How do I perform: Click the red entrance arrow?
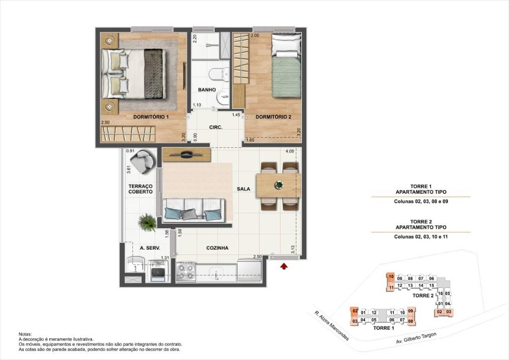(284, 266)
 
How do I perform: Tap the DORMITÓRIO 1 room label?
(151, 117)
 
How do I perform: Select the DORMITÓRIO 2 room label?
(273, 117)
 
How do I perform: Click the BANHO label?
(207, 90)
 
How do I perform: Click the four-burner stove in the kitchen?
(186, 271)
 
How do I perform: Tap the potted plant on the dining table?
(278, 185)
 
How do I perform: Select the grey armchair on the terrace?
(142, 161)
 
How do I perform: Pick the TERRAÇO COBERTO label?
(140, 189)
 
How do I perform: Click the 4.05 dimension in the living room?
(290, 151)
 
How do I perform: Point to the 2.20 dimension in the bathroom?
(195, 39)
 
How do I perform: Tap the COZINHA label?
(217, 248)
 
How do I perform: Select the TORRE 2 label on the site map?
(423, 295)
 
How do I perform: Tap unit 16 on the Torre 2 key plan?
(440, 293)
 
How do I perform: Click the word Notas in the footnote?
(25, 334)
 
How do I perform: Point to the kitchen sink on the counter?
(216, 272)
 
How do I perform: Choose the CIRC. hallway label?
(216, 128)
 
